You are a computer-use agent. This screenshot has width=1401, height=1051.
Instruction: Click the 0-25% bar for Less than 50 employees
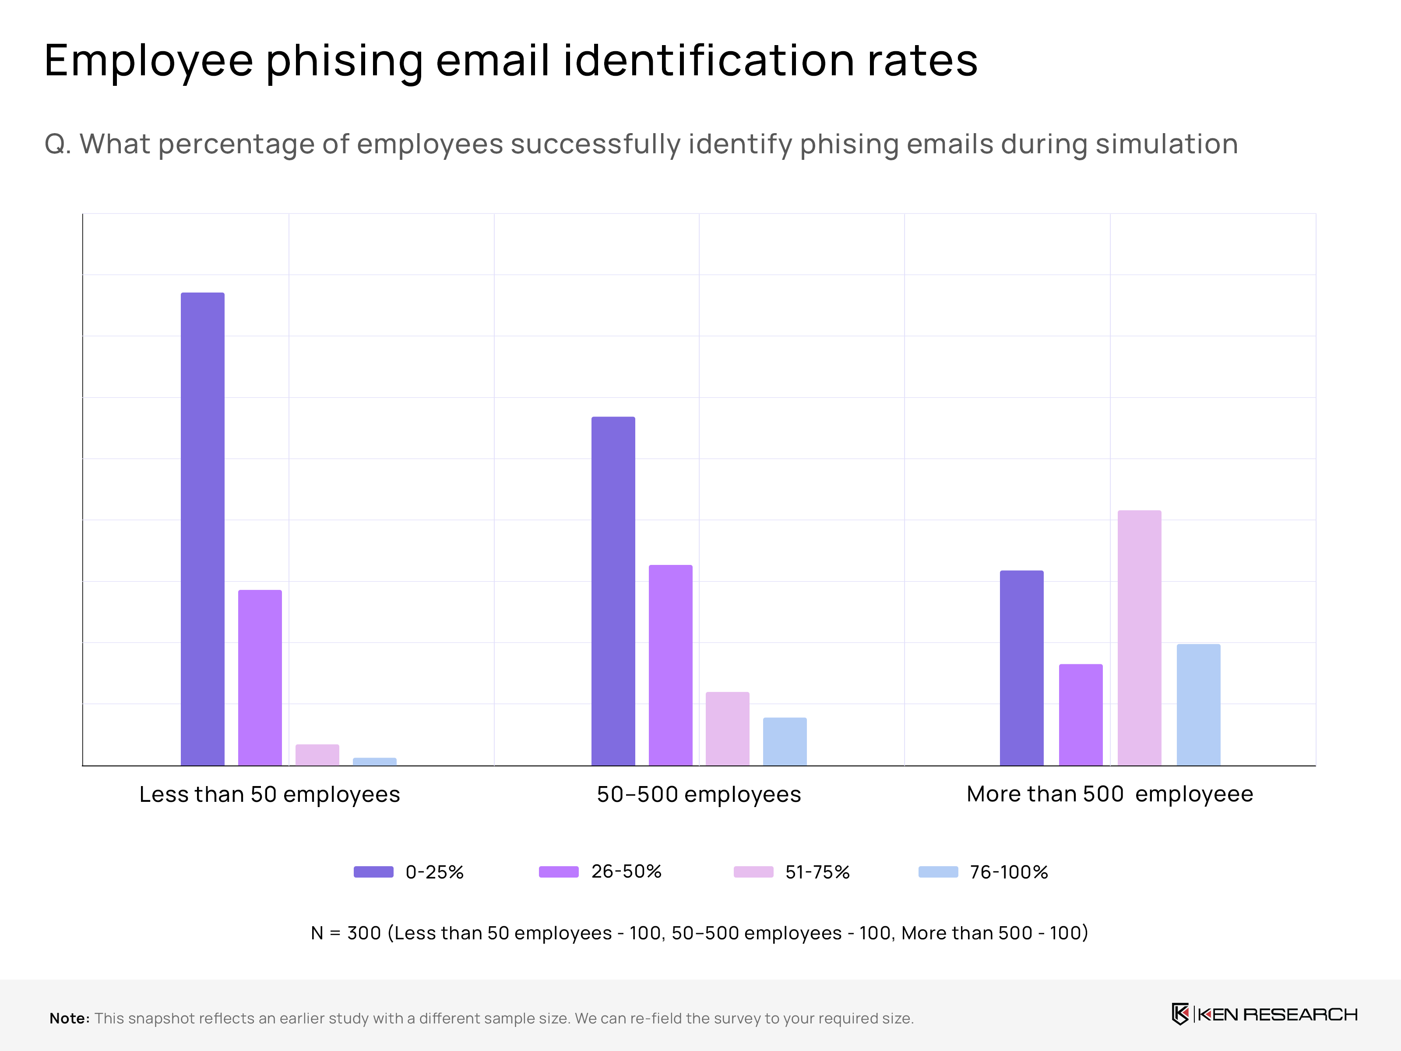pos(203,529)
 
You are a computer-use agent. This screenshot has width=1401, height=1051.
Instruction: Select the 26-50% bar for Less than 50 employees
pos(260,678)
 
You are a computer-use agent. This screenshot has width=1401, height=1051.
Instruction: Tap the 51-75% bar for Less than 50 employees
pos(317,755)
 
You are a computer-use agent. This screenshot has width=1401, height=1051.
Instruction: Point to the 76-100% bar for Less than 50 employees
pos(374,762)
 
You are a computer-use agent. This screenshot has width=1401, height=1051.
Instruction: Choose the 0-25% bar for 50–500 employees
pos(613,591)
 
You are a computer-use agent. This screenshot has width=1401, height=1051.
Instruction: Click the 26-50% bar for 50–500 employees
pos(670,665)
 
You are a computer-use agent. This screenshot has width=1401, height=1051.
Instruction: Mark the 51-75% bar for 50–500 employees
pos(727,729)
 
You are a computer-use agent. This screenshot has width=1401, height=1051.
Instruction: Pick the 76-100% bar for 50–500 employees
pos(785,741)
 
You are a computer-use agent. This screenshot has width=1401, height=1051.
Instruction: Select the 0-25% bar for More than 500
pos(1021,668)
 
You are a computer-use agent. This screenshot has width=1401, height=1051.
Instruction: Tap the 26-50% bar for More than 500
pos(1081,715)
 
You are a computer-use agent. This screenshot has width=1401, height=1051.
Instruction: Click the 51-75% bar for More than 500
pos(1140,638)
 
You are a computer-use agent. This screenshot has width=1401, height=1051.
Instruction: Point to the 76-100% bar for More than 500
pos(1198,705)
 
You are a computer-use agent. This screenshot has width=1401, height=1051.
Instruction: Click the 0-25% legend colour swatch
pos(374,872)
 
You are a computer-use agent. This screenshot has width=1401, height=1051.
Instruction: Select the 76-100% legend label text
pos(1009,872)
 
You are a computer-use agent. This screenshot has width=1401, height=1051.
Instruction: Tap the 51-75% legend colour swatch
pos(753,872)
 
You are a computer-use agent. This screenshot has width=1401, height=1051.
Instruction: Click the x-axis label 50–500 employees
pos(699,794)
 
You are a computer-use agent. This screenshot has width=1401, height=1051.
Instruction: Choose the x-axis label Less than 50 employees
pos(270,794)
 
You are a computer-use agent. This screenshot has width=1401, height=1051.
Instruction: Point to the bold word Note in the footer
pos(69,1018)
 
